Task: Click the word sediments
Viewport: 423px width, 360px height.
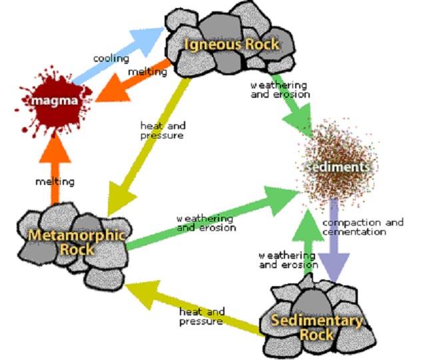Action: coord(336,166)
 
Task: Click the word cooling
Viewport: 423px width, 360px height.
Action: coord(111,59)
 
